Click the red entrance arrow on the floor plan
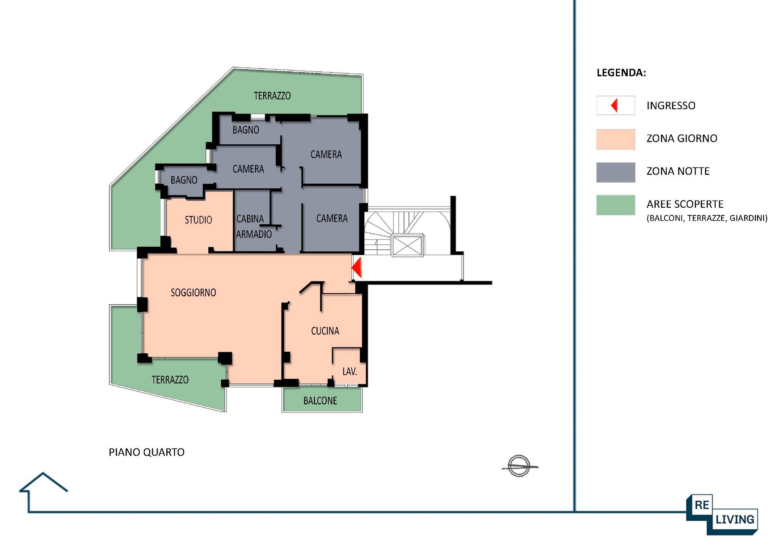(357, 267)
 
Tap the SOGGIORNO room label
(193, 293)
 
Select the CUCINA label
(325, 331)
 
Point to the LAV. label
(350, 371)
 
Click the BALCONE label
(320, 401)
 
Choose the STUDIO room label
(198, 220)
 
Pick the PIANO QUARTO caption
(146, 452)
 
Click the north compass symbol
(519, 466)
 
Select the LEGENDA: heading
(621, 73)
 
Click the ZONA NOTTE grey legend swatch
(616, 172)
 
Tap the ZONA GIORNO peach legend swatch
(616, 139)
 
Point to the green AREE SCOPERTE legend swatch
(616, 205)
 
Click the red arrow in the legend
(614, 105)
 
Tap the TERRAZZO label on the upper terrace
(272, 95)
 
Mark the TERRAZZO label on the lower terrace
(170, 380)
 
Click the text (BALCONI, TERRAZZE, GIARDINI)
(707, 218)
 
